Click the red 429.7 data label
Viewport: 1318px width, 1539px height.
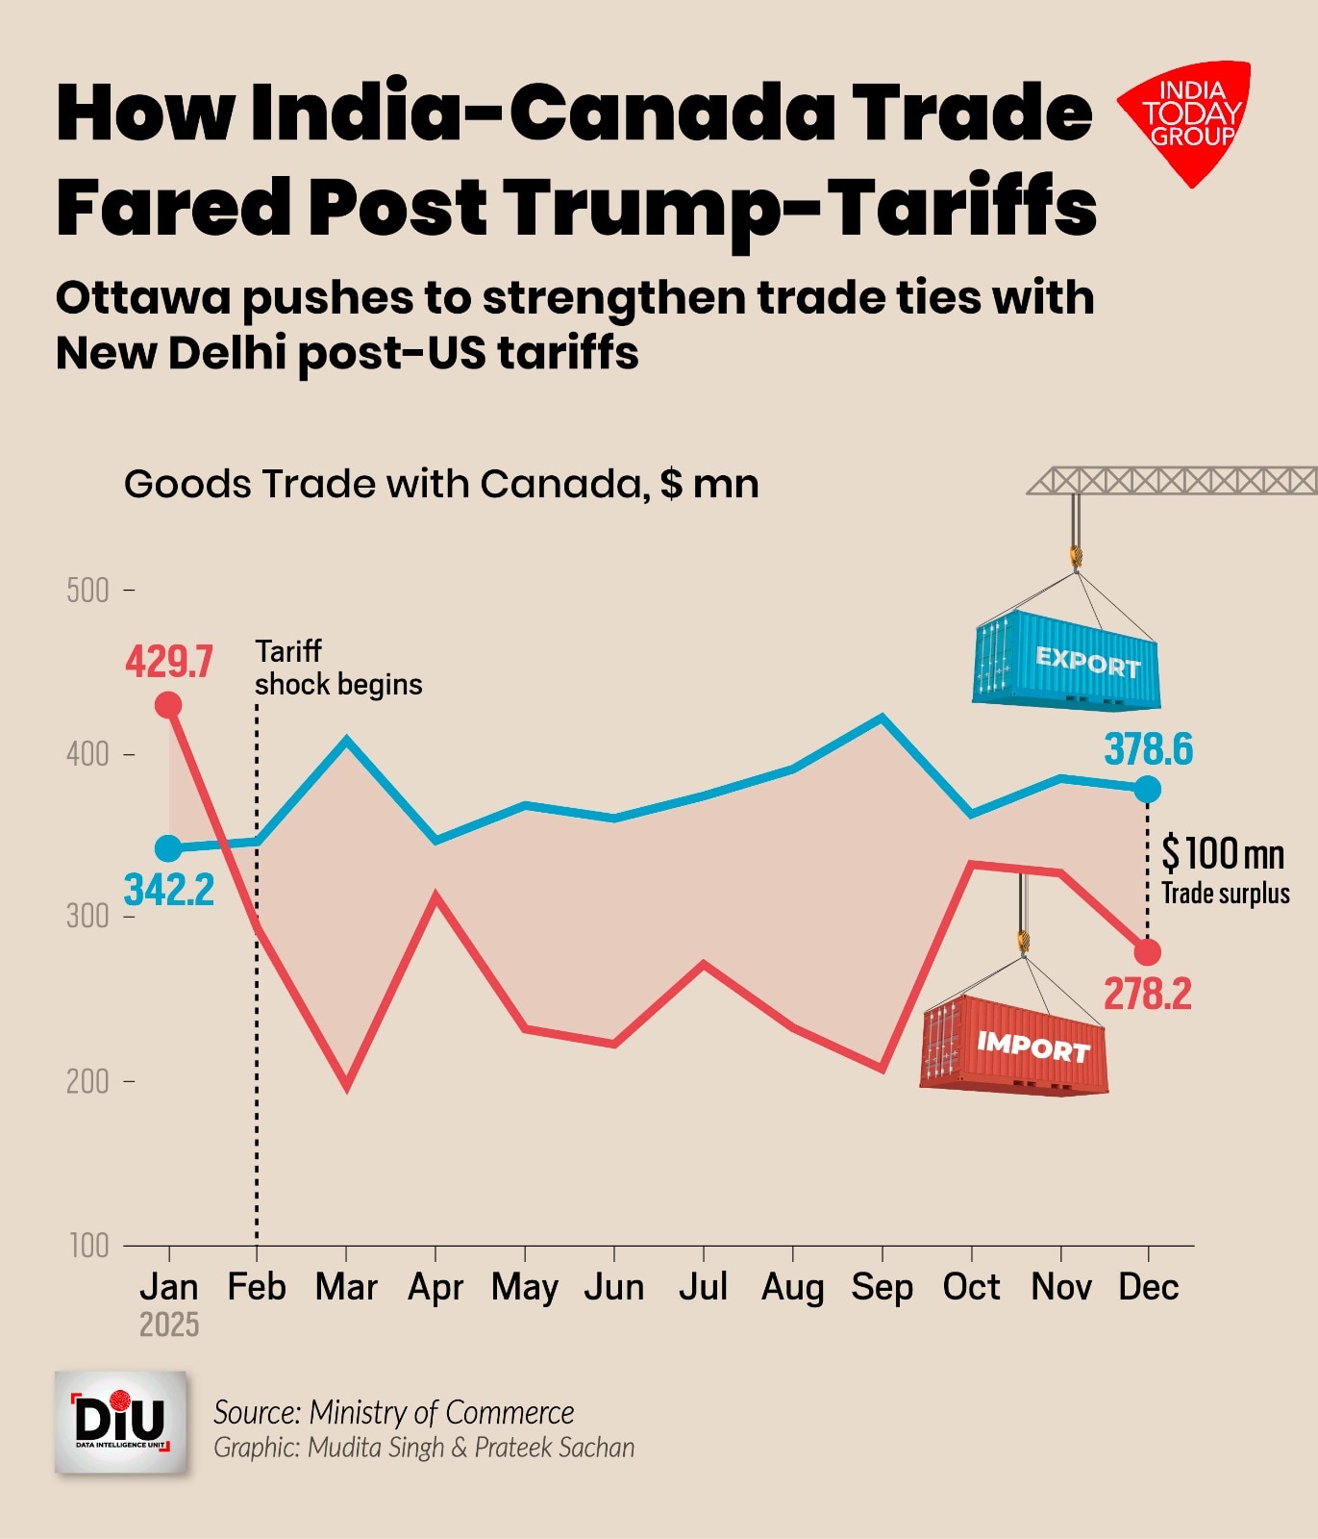(x=169, y=662)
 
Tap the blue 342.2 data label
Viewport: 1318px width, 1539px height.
(x=169, y=890)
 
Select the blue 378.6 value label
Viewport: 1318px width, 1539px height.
(x=1149, y=749)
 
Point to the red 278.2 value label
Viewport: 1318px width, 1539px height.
(x=1148, y=994)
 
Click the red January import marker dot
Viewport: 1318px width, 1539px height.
(x=168, y=705)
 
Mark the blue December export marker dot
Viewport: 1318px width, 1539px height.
(x=1148, y=790)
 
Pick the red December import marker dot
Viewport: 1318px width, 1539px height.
(x=1148, y=952)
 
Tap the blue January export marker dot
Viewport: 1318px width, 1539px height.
(x=168, y=848)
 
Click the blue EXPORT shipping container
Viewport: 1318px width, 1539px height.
(x=1067, y=661)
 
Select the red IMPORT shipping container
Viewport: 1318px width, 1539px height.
(x=1014, y=1045)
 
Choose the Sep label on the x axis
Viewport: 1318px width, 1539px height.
(x=882, y=1287)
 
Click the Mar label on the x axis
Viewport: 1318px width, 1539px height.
(x=346, y=1287)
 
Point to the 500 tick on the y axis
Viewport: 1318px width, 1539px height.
(x=87, y=590)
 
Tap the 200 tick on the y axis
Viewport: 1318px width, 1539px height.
(x=87, y=1081)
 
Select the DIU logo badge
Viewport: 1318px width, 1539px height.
(x=121, y=1423)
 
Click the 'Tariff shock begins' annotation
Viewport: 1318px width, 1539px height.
(x=338, y=668)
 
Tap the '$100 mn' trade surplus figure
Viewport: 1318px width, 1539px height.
(x=1223, y=853)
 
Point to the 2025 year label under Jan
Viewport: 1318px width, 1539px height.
(x=169, y=1325)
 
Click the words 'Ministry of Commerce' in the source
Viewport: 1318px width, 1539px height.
(x=441, y=1412)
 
